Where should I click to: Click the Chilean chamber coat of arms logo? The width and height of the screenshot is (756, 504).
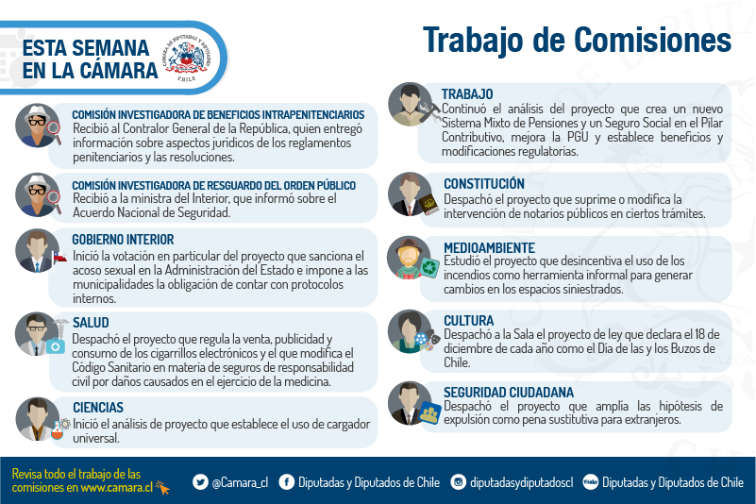pos(187,58)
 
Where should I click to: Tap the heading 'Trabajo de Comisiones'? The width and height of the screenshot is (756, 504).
pos(577,41)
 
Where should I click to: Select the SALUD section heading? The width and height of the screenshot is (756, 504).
pos(91,323)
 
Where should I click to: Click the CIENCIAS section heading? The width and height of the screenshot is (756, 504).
pos(98,408)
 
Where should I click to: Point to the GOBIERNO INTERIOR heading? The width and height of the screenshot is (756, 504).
pos(123,240)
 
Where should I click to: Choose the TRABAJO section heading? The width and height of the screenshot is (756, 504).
pos(467,94)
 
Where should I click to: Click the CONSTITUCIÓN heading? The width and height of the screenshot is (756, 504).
pos(484,184)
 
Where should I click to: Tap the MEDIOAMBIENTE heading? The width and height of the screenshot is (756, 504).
pos(490,248)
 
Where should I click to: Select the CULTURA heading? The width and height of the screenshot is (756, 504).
pos(469,321)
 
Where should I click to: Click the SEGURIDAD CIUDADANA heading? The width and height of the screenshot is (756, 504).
pos(509,393)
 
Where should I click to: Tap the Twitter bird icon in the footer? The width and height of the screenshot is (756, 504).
pos(200,481)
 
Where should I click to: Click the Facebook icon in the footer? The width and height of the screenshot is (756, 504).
pos(286,481)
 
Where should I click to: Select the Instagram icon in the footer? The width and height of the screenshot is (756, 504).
pos(459,481)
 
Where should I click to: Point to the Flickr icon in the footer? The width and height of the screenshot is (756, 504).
pos(591,481)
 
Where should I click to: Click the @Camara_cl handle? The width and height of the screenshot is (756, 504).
pos(240,482)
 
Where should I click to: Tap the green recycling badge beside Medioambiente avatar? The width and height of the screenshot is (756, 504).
pos(430,268)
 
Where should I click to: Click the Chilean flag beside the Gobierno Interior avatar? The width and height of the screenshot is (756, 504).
pos(59,257)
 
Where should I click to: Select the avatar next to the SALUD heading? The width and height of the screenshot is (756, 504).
pos(37,334)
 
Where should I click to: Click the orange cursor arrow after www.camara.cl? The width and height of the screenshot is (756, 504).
pos(162,488)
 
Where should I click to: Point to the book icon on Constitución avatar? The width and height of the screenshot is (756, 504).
pos(429,205)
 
